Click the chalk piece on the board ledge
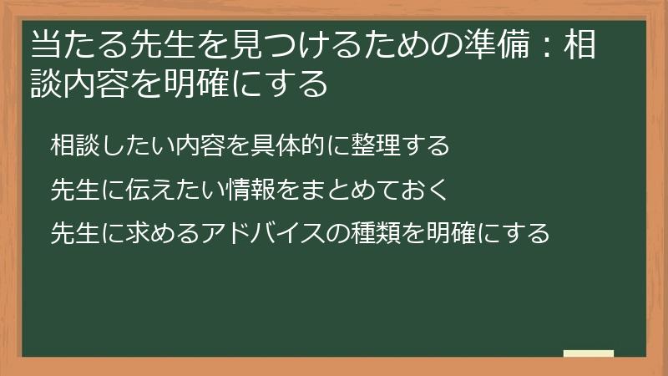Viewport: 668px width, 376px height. [589, 353]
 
